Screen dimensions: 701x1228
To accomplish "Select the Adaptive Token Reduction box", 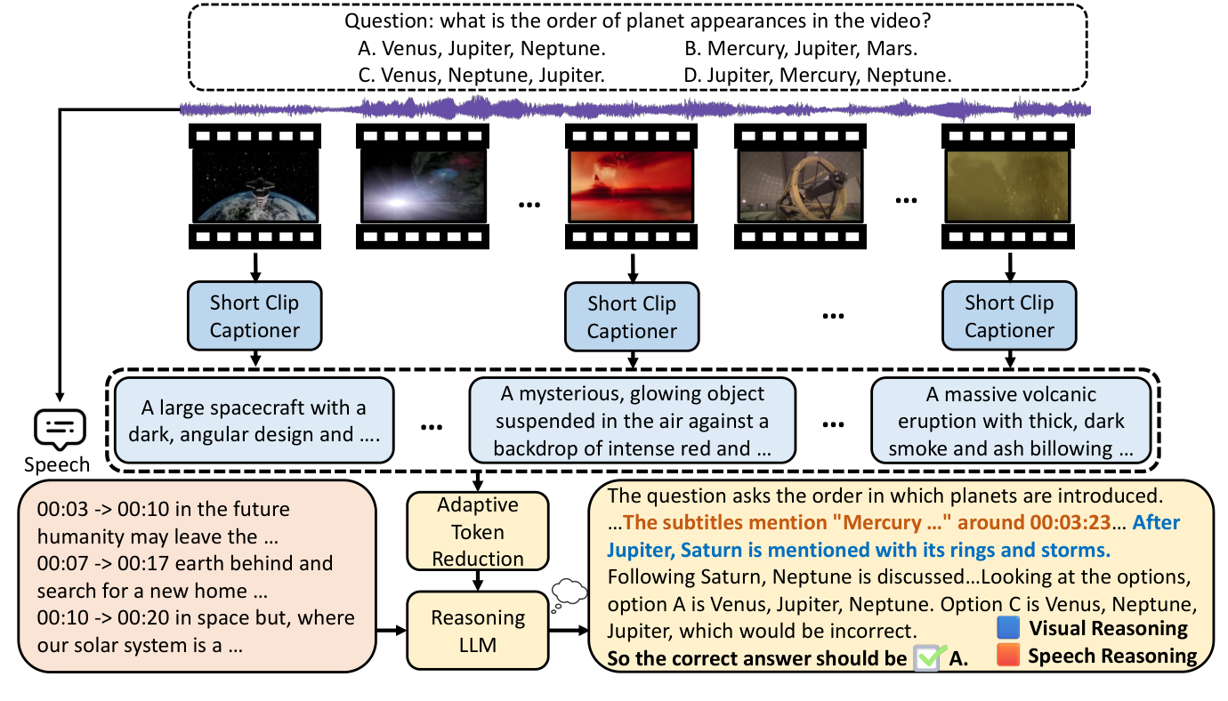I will point(478,532).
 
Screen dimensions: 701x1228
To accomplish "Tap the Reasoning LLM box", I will point(478,630).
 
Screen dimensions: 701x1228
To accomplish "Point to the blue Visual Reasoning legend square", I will point(1010,628).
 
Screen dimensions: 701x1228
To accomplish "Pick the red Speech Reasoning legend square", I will point(1010,656).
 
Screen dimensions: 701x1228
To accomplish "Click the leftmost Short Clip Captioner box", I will point(254,316).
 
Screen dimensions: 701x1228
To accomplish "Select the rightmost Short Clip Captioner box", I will point(1009,316).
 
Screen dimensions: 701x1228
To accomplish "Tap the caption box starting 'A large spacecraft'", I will point(254,422).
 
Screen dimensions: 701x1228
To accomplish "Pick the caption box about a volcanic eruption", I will point(1011,422).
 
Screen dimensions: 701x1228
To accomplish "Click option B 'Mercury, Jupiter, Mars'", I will point(800,48).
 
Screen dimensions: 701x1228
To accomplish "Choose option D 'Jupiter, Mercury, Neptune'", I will point(817,76).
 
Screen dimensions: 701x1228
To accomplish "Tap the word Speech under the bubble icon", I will point(57,464).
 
